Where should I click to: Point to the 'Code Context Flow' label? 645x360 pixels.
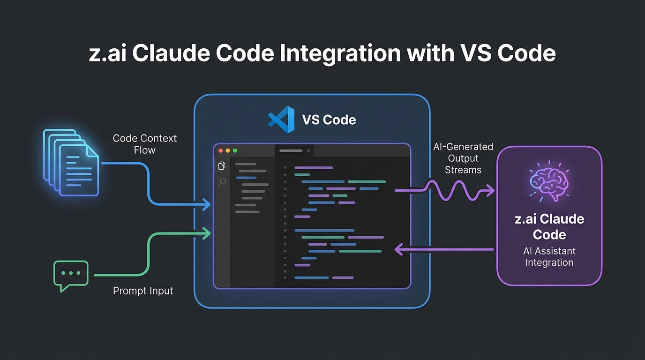tap(144, 144)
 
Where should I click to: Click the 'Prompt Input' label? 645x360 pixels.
tap(143, 291)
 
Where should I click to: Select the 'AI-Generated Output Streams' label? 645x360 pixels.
tap(463, 158)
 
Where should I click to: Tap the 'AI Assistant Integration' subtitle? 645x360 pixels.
tap(549, 257)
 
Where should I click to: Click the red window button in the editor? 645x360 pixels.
tap(221, 151)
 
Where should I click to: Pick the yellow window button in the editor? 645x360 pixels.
tap(228, 151)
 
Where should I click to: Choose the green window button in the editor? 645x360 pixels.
tap(235, 151)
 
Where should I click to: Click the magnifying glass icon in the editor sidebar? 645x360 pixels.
tap(222, 181)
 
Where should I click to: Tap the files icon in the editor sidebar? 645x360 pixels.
tap(222, 165)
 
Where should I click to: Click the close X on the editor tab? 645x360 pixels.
tap(308, 151)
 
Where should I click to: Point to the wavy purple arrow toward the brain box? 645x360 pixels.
tap(450, 190)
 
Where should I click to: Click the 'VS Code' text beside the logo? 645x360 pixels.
tap(329, 120)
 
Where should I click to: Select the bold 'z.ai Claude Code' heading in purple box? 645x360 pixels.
tap(549, 226)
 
